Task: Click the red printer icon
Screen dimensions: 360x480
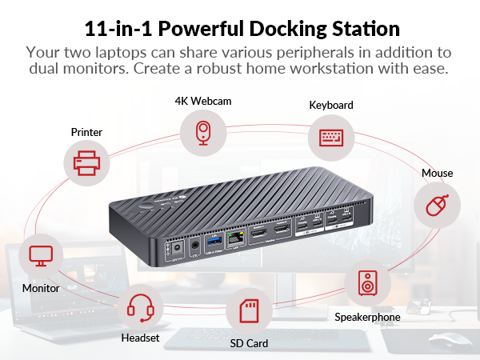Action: pos(86,164)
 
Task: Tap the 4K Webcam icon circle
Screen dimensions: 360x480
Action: pos(202,132)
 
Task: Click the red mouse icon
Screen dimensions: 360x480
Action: pos(436,206)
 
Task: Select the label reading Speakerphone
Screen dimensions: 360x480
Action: pos(367,317)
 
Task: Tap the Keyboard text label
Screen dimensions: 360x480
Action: pos(330,105)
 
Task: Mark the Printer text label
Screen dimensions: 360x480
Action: pos(86,132)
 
